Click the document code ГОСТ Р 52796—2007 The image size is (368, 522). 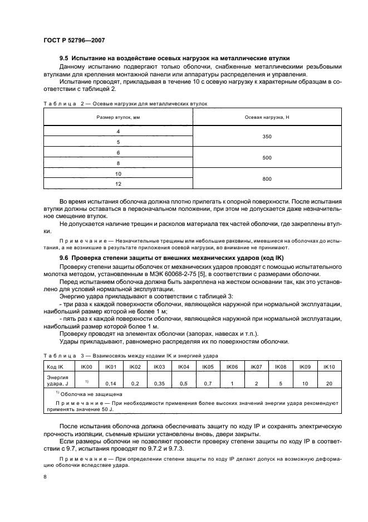(x=73, y=40)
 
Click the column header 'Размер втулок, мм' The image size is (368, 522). (x=118, y=117)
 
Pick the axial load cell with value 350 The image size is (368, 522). (x=267, y=136)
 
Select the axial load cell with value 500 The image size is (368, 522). (x=267, y=158)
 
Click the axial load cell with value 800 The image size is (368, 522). (x=267, y=179)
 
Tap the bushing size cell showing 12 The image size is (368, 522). (x=118, y=184)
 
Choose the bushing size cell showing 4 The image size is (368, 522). (x=118, y=131)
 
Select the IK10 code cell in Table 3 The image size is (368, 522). (x=328, y=366)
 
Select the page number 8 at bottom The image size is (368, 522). (x=45, y=477)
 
